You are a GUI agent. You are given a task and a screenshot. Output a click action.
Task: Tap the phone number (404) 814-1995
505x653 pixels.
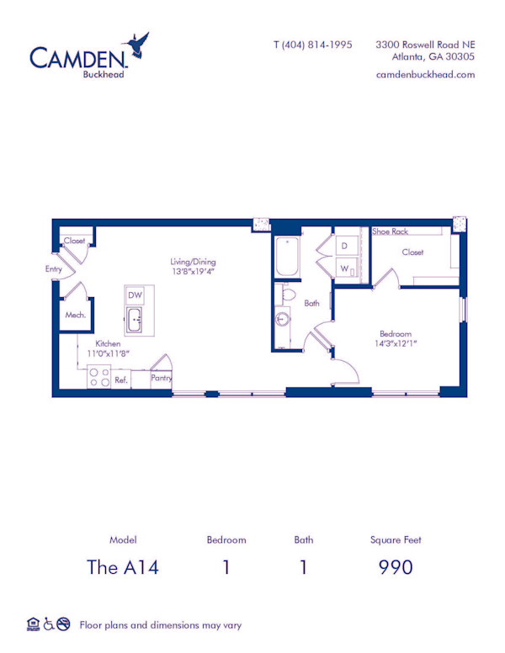(x=313, y=45)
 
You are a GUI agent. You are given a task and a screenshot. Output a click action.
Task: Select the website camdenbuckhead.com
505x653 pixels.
(x=425, y=74)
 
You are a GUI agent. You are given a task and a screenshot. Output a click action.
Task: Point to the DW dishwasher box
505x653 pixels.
(x=135, y=295)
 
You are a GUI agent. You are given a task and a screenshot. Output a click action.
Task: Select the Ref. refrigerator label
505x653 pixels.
(x=121, y=380)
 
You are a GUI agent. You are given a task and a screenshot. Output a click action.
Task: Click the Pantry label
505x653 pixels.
(x=162, y=379)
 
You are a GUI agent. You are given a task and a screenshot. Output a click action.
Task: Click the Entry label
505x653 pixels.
(x=54, y=269)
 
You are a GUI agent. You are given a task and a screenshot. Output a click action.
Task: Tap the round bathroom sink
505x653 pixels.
(x=283, y=321)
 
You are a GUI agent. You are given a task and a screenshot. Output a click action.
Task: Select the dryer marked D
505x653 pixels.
(x=344, y=246)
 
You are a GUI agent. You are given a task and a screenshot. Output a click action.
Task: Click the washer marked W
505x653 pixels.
(x=344, y=268)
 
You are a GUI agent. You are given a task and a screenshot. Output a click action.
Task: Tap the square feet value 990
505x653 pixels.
(x=396, y=567)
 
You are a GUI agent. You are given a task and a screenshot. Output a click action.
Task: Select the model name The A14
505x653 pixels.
(x=123, y=567)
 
